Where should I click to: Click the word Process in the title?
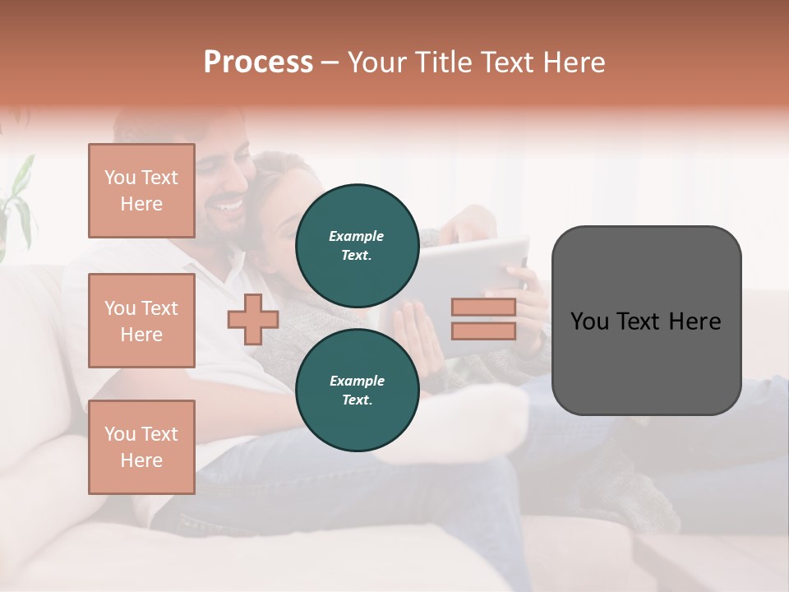click(258, 62)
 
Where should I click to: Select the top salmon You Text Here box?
click(141, 191)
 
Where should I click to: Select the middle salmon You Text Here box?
click(141, 321)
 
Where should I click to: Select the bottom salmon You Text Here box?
click(141, 447)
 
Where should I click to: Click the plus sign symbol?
click(253, 320)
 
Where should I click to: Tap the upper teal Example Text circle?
click(357, 245)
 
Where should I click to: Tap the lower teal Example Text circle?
click(357, 390)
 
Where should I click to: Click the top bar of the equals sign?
click(483, 308)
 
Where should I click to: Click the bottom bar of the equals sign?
click(483, 331)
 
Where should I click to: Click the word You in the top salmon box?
click(118, 178)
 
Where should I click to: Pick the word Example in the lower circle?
click(357, 381)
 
